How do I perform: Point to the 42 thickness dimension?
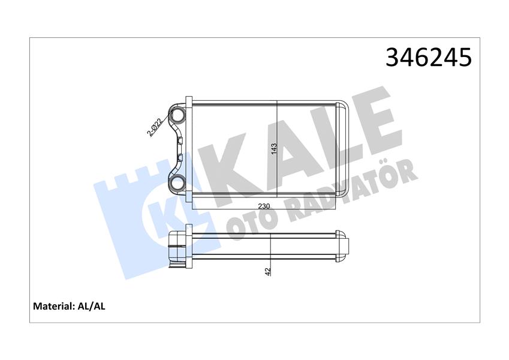pos(268,271)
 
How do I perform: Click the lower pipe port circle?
pos(178,183)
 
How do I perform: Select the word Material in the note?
pos(53,306)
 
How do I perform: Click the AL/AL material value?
pos(92,306)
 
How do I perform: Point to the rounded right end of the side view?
pos(344,245)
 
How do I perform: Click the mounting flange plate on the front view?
pos(188,149)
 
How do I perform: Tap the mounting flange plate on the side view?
pos(189,247)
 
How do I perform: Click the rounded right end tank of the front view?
pos(344,148)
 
